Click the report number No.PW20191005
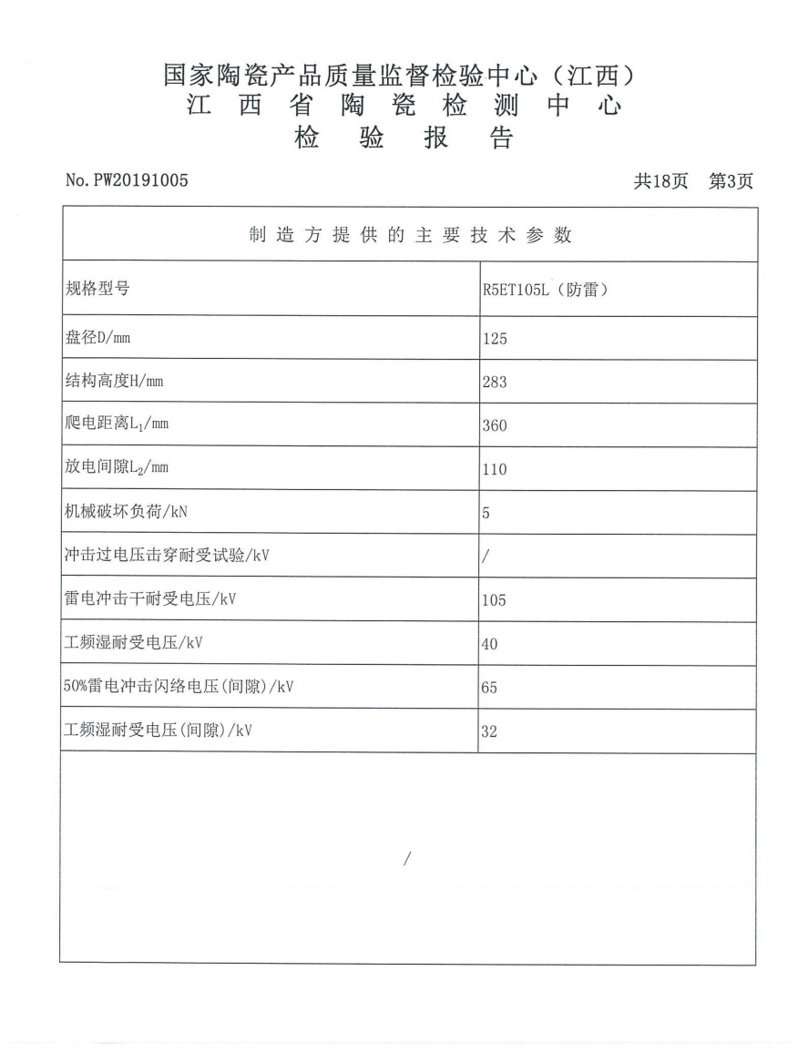click(127, 180)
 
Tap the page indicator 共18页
click(661, 181)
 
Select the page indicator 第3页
click(731, 181)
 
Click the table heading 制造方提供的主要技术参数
click(410, 235)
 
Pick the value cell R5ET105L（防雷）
click(545, 292)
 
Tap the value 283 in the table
click(495, 383)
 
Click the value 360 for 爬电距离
click(495, 426)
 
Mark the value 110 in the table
click(495, 470)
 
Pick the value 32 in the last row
click(490, 731)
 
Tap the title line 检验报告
click(404, 138)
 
